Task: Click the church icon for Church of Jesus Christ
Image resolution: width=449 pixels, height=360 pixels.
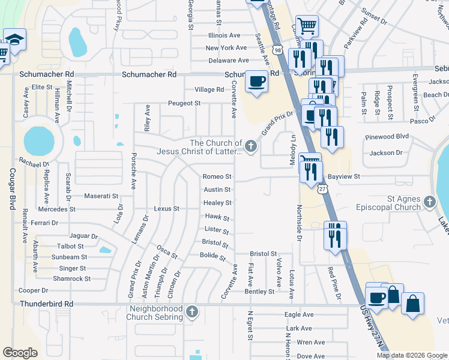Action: click(252, 146)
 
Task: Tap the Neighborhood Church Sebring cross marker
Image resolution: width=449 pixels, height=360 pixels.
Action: click(191, 311)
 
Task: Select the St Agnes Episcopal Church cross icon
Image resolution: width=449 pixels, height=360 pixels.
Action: click(429, 202)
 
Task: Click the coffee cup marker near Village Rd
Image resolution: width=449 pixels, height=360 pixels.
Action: click(257, 81)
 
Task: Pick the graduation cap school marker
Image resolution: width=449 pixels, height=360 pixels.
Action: click(14, 41)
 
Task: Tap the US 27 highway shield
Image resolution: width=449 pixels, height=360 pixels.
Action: click(323, 189)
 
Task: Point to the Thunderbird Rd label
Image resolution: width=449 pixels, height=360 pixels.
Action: click(47, 304)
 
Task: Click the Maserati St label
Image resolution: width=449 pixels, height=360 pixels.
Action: click(103, 196)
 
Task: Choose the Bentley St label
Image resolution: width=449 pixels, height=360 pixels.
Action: click(259, 292)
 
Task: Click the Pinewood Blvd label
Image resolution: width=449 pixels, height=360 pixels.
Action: click(387, 137)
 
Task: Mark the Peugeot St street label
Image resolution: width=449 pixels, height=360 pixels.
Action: click(184, 103)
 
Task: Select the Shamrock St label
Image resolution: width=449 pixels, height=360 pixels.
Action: click(71, 278)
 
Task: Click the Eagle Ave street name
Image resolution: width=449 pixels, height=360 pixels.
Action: click(299, 314)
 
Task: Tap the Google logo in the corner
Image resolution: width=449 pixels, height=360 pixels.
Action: click(20, 353)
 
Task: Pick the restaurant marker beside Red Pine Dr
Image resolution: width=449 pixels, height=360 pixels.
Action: click(334, 235)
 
